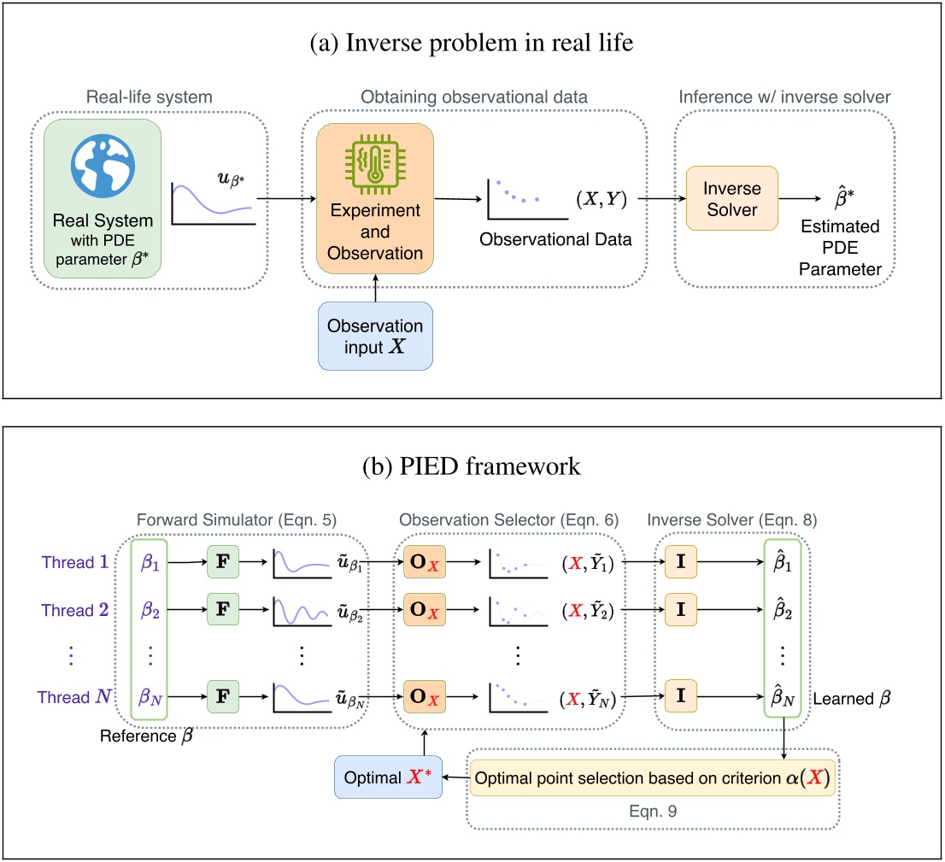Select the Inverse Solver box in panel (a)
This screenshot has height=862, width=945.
(x=732, y=199)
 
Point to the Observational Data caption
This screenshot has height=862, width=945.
(x=555, y=239)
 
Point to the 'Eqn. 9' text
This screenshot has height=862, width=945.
(x=651, y=811)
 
